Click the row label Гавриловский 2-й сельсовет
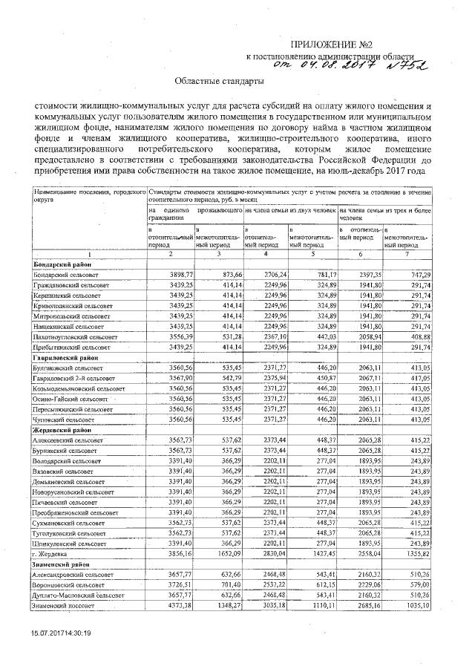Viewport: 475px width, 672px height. [x=75, y=379]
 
